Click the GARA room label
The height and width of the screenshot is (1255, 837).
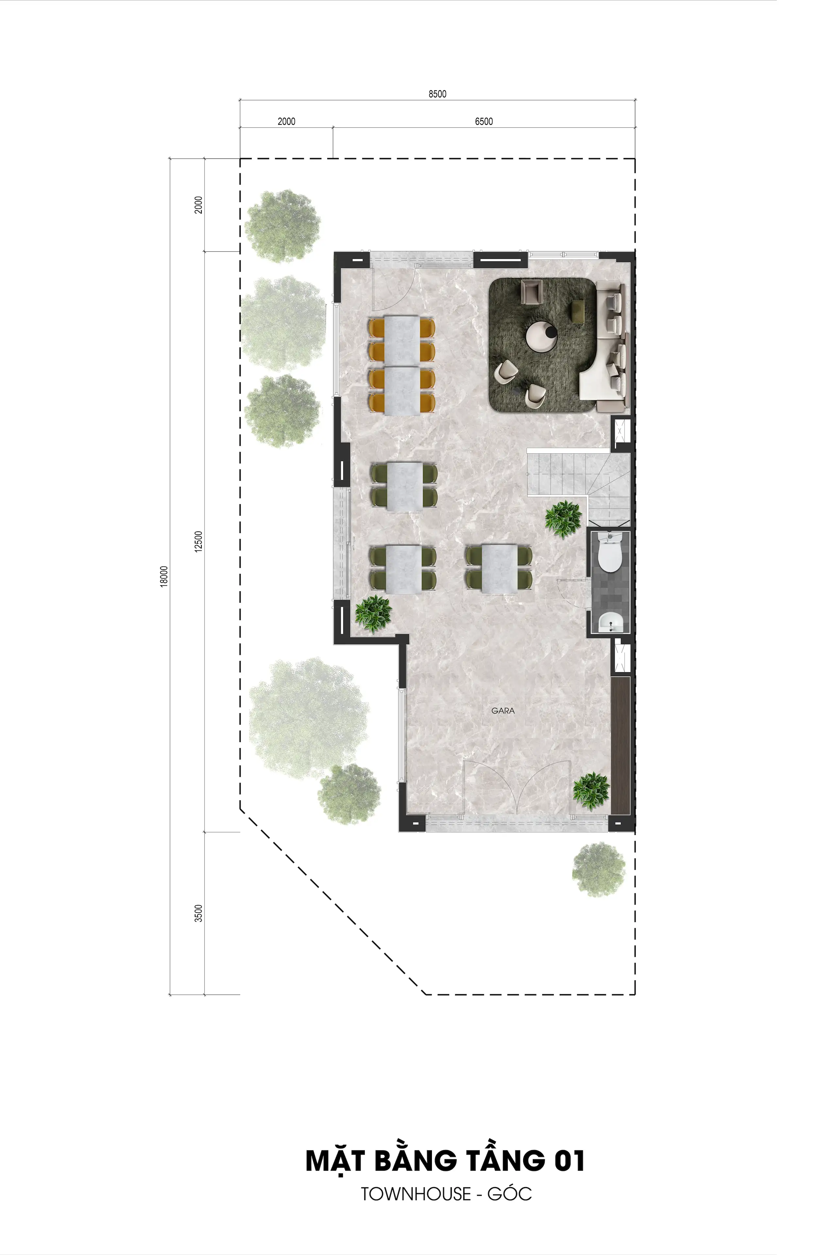point(503,711)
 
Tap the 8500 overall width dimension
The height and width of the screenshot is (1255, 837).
point(437,94)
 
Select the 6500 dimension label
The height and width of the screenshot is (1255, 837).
point(484,121)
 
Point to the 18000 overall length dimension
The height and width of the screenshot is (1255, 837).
point(164,576)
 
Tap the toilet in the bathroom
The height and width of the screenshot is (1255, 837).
point(609,553)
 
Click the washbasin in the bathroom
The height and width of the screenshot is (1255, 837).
point(609,622)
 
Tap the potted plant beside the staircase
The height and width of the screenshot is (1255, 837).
point(563,518)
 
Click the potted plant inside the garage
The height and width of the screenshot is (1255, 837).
point(591,791)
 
